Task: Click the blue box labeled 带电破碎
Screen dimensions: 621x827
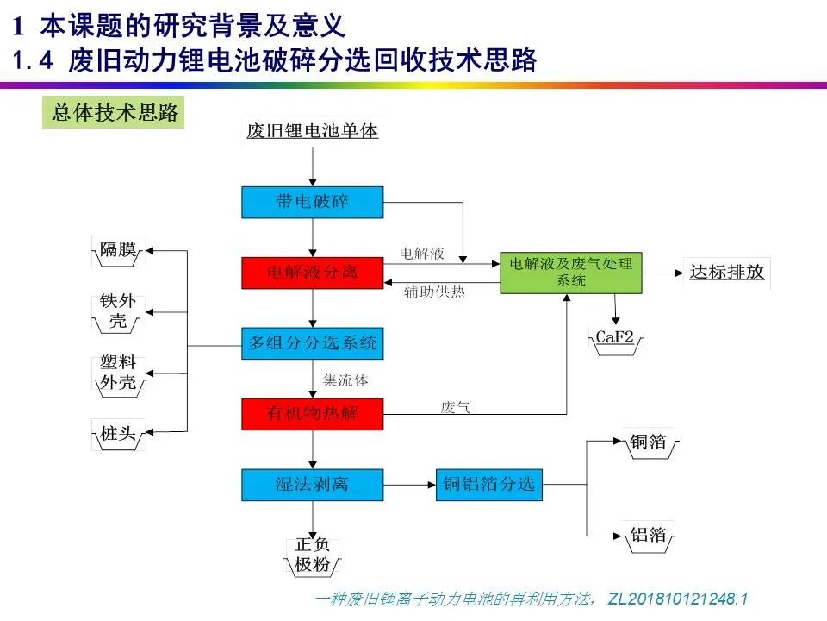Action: click(x=312, y=203)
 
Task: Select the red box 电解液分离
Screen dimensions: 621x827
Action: click(x=312, y=273)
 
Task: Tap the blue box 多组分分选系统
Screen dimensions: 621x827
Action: click(x=312, y=343)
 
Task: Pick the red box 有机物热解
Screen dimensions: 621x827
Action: click(x=312, y=414)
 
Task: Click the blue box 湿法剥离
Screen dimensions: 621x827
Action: click(x=312, y=484)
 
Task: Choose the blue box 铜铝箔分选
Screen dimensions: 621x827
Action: click(x=489, y=484)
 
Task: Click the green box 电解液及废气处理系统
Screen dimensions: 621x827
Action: click(x=571, y=273)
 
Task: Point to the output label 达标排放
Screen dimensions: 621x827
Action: click(x=726, y=272)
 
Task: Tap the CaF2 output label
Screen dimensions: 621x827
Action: click(x=615, y=337)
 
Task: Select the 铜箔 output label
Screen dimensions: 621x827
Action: click(x=648, y=442)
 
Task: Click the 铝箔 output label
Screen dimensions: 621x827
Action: click(x=648, y=535)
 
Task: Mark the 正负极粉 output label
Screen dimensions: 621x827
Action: click(x=312, y=555)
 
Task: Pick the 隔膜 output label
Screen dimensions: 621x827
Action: click(x=118, y=250)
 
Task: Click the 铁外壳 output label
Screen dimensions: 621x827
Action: click(x=118, y=312)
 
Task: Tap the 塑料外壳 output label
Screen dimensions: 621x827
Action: click(x=118, y=373)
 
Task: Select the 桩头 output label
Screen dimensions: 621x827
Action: click(x=118, y=434)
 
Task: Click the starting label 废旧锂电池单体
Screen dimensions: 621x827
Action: click(x=312, y=132)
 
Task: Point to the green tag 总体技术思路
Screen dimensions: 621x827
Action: click(x=115, y=113)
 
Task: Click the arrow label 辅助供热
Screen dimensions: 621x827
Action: click(x=434, y=292)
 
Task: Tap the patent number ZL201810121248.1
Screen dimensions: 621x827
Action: click(x=678, y=599)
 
